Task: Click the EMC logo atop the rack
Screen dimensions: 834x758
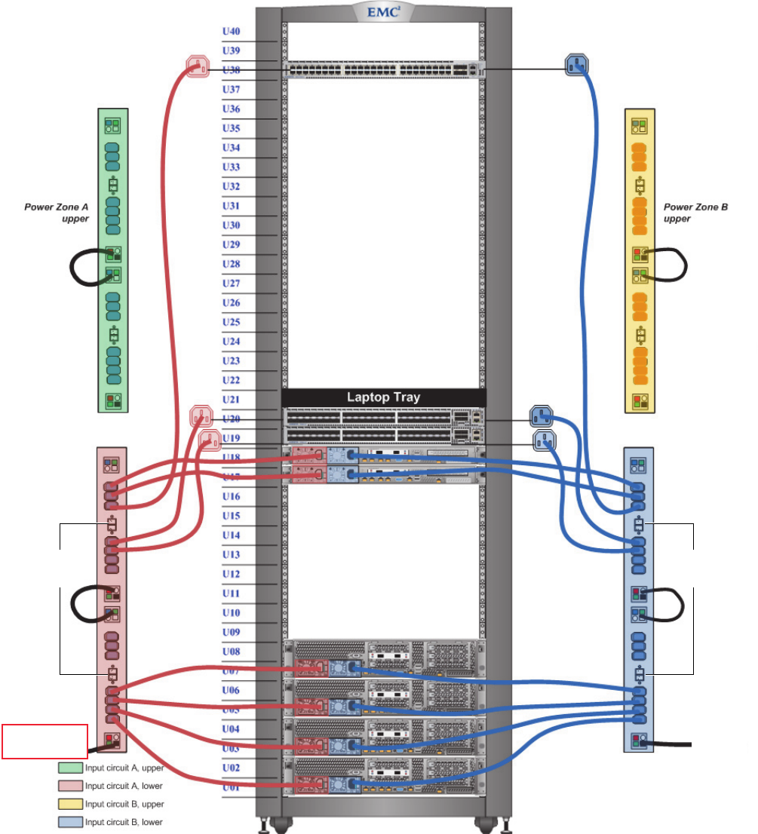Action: [x=382, y=11]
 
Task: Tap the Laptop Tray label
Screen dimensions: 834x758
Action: [x=383, y=397]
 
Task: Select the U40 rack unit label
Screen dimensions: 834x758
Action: [x=231, y=32]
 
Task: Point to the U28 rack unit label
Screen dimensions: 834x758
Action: [x=231, y=264]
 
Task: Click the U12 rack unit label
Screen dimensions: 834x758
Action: [x=231, y=574]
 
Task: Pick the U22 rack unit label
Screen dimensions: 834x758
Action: [x=231, y=380]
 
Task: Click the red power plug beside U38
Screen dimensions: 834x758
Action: [x=196, y=66]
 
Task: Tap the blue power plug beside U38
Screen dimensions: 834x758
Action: [x=576, y=65]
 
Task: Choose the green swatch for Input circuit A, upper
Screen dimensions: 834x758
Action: [x=70, y=768]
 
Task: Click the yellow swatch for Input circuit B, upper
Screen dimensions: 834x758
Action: [x=70, y=804]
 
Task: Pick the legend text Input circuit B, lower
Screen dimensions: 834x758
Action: [x=124, y=822]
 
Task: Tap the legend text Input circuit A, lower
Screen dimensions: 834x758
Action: [x=124, y=786]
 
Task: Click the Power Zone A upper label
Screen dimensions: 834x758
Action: [x=57, y=213]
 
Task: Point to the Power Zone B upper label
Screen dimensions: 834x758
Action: [x=695, y=211]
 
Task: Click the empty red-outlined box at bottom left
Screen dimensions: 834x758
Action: [x=45, y=741]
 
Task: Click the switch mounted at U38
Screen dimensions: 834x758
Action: [x=383, y=69]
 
